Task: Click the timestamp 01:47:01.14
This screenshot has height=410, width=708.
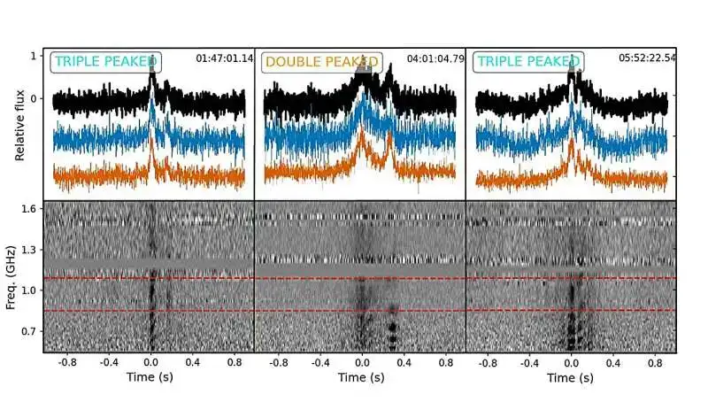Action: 225,59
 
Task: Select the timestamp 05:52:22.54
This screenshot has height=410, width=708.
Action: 647,59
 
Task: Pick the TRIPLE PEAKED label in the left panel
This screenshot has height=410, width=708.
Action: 105,62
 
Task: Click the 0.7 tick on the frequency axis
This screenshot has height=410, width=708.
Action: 29,330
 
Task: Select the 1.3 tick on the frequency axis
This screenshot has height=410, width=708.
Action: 29,251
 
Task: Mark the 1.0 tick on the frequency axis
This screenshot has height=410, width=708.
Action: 29,290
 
